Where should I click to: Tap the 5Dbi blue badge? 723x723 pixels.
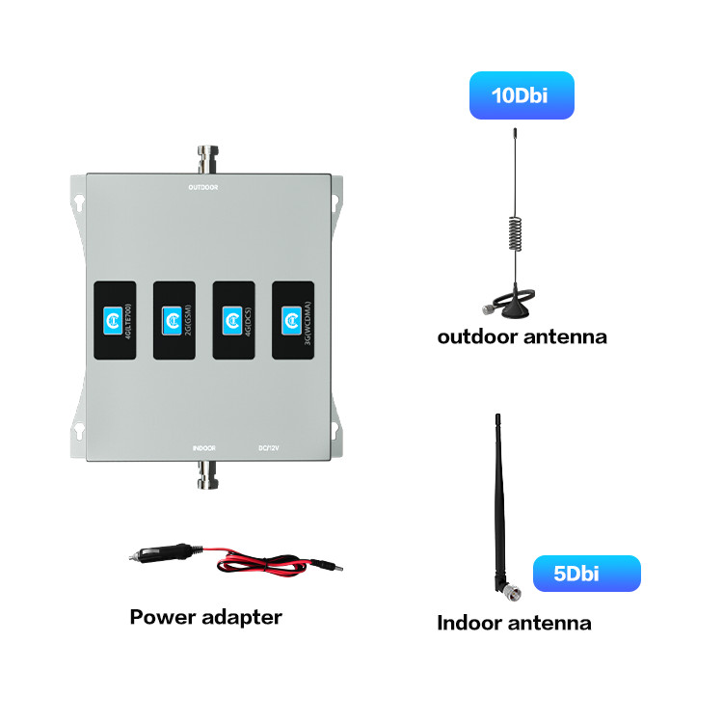point(586,574)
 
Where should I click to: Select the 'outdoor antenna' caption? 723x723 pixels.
point(522,337)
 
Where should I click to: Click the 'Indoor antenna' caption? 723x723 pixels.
point(514,623)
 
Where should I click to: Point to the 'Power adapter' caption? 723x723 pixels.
point(205,617)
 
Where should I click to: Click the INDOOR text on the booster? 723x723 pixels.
point(202,448)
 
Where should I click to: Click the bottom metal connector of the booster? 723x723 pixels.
point(205,474)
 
